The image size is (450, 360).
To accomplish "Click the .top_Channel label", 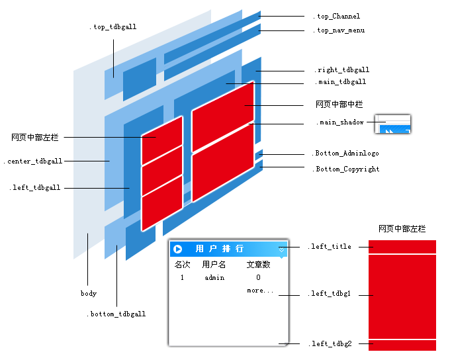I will [x=337, y=17].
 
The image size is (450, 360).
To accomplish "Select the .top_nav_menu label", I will [x=339, y=30].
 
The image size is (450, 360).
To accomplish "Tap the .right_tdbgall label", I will [x=341, y=70].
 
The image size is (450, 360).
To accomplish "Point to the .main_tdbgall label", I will [x=340, y=82].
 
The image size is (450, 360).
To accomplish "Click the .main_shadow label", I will [x=340, y=122].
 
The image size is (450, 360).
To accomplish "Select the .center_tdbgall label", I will [x=33, y=161].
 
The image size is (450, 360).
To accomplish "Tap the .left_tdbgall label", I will [x=36, y=188].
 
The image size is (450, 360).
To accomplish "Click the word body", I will [x=89, y=293].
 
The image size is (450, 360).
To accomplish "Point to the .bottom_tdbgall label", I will [x=116, y=314].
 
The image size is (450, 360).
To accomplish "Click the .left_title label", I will [x=330, y=247].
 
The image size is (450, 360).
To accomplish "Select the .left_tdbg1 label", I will [x=330, y=294].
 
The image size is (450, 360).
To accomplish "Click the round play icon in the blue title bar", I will [x=178, y=249].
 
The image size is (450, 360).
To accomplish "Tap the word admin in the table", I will [x=214, y=278].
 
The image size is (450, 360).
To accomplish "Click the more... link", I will [x=259, y=291].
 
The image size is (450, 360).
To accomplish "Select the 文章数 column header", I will [x=258, y=265].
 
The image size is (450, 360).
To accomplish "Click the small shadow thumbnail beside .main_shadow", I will [x=392, y=124].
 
